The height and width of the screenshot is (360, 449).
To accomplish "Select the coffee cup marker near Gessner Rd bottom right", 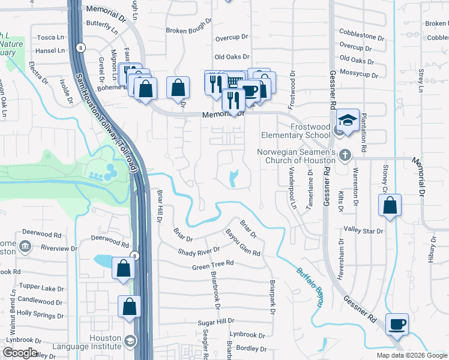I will coord(397,325).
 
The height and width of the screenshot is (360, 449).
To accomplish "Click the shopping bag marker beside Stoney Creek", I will coord(390,205).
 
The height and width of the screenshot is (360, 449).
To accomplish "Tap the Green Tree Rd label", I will coord(212,265).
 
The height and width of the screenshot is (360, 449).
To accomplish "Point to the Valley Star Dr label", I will coord(363,230).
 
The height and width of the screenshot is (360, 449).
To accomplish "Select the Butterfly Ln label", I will coord(102,26).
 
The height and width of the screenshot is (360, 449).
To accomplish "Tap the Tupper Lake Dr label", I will coord(40,287).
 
